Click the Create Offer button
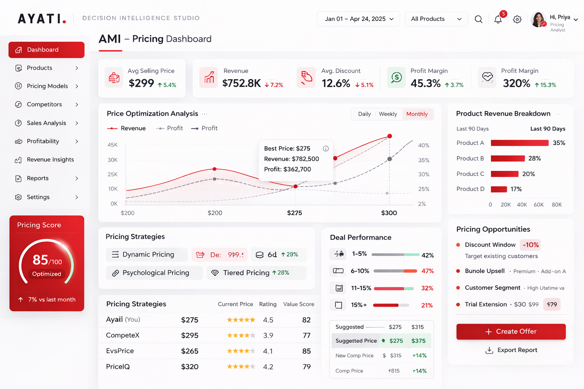pos(511,332)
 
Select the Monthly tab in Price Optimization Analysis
pos(417,114)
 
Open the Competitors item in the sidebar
pos(44,104)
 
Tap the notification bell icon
pos(498,19)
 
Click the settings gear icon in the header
pos(517,19)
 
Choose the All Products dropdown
pos(436,19)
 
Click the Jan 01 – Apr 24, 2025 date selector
pos(359,19)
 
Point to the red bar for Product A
pos(519,143)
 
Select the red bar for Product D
pos(499,189)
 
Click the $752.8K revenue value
pos(241,83)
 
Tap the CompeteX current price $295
pos(190,335)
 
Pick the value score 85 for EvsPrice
pos(306,351)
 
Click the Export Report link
pos(512,350)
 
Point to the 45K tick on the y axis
pos(113,145)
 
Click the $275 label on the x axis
pos(294,213)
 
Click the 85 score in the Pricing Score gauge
pos(40,260)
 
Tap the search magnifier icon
pos(478,19)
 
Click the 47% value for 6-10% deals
pos(427,271)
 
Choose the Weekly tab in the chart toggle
pos(388,114)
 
